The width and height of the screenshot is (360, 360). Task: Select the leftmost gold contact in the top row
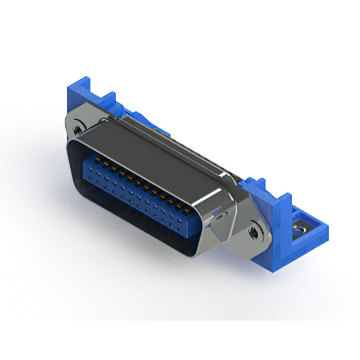pos(96,160)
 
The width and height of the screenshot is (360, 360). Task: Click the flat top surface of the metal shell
pos(152,152)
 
